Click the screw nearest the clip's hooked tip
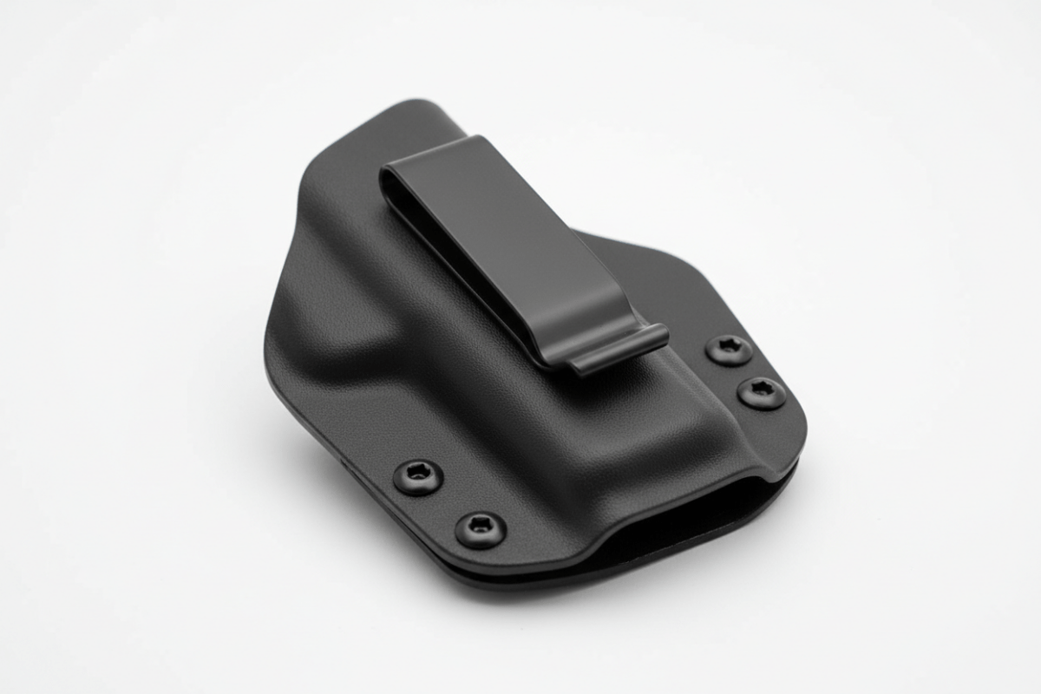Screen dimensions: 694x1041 [729, 350]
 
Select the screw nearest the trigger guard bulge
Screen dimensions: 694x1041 [418, 476]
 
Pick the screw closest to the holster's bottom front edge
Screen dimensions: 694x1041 [481, 528]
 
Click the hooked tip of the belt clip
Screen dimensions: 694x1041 [620, 347]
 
